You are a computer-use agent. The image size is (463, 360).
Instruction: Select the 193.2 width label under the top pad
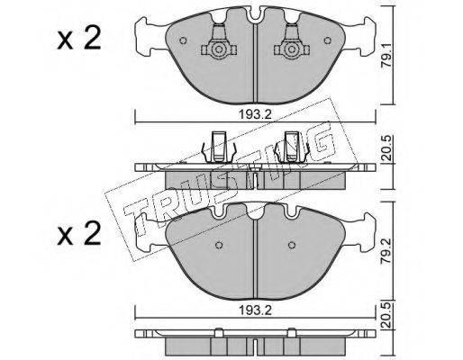tap(255, 114)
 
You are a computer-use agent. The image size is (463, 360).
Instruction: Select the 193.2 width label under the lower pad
tap(255, 310)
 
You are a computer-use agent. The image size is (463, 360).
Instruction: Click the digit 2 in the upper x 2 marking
tap(92, 39)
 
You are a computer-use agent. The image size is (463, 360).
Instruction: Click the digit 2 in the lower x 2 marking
tap(92, 233)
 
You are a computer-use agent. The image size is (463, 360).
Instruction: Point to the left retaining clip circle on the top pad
tap(219, 49)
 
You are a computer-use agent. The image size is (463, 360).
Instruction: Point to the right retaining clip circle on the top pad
tap(291, 49)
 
